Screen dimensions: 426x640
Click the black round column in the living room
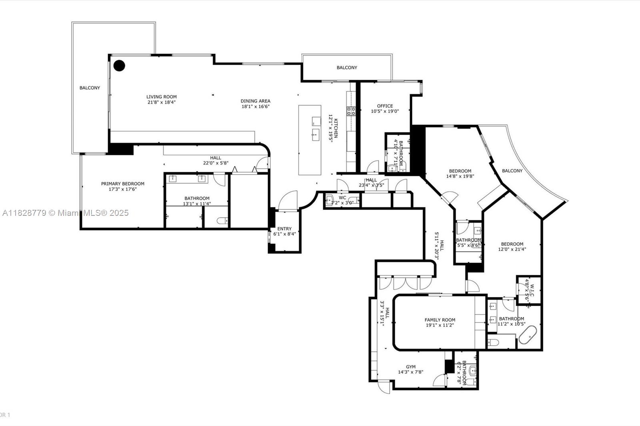click(119, 66)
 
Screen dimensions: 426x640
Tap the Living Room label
click(161, 97)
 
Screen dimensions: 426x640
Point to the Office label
click(385, 106)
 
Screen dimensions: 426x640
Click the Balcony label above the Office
click(347, 68)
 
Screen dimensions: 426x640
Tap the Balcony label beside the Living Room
click(90, 88)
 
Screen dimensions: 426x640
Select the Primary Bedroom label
click(122, 184)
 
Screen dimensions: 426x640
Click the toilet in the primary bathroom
click(222, 220)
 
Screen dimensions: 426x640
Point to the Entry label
click(284, 229)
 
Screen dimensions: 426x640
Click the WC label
click(342, 197)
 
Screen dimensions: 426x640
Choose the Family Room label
click(440, 320)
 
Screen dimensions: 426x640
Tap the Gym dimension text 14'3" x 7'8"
click(410, 372)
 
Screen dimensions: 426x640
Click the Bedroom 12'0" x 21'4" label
click(512, 244)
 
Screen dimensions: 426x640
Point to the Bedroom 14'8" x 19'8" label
click(460, 171)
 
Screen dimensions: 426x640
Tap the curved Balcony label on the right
click(512, 171)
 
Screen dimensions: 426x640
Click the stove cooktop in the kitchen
click(351, 111)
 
